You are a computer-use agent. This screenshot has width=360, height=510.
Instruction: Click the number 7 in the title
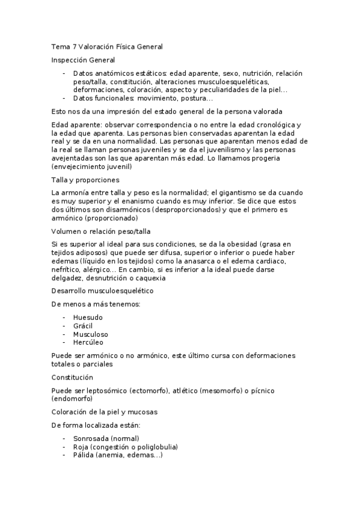(x=73, y=46)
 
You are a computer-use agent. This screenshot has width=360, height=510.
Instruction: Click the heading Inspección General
(x=84, y=60)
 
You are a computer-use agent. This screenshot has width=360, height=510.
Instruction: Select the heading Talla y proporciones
(x=85, y=180)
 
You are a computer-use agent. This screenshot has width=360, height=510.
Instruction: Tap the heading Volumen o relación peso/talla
(x=101, y=231)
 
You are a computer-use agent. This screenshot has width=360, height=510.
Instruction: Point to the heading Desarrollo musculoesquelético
(x=102, y=290)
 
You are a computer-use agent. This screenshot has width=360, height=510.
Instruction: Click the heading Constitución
(x=72, y=377)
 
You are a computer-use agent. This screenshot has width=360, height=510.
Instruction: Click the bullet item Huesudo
(x=88, y=317)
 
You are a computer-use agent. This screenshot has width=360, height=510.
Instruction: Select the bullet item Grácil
(x=83, y=325)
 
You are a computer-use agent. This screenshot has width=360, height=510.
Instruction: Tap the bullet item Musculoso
(x=91, y=334)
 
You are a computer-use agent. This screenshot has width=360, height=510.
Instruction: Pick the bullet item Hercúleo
(x=88, y=342)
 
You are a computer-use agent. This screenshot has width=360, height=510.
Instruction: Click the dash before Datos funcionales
(x=64, y=98)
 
